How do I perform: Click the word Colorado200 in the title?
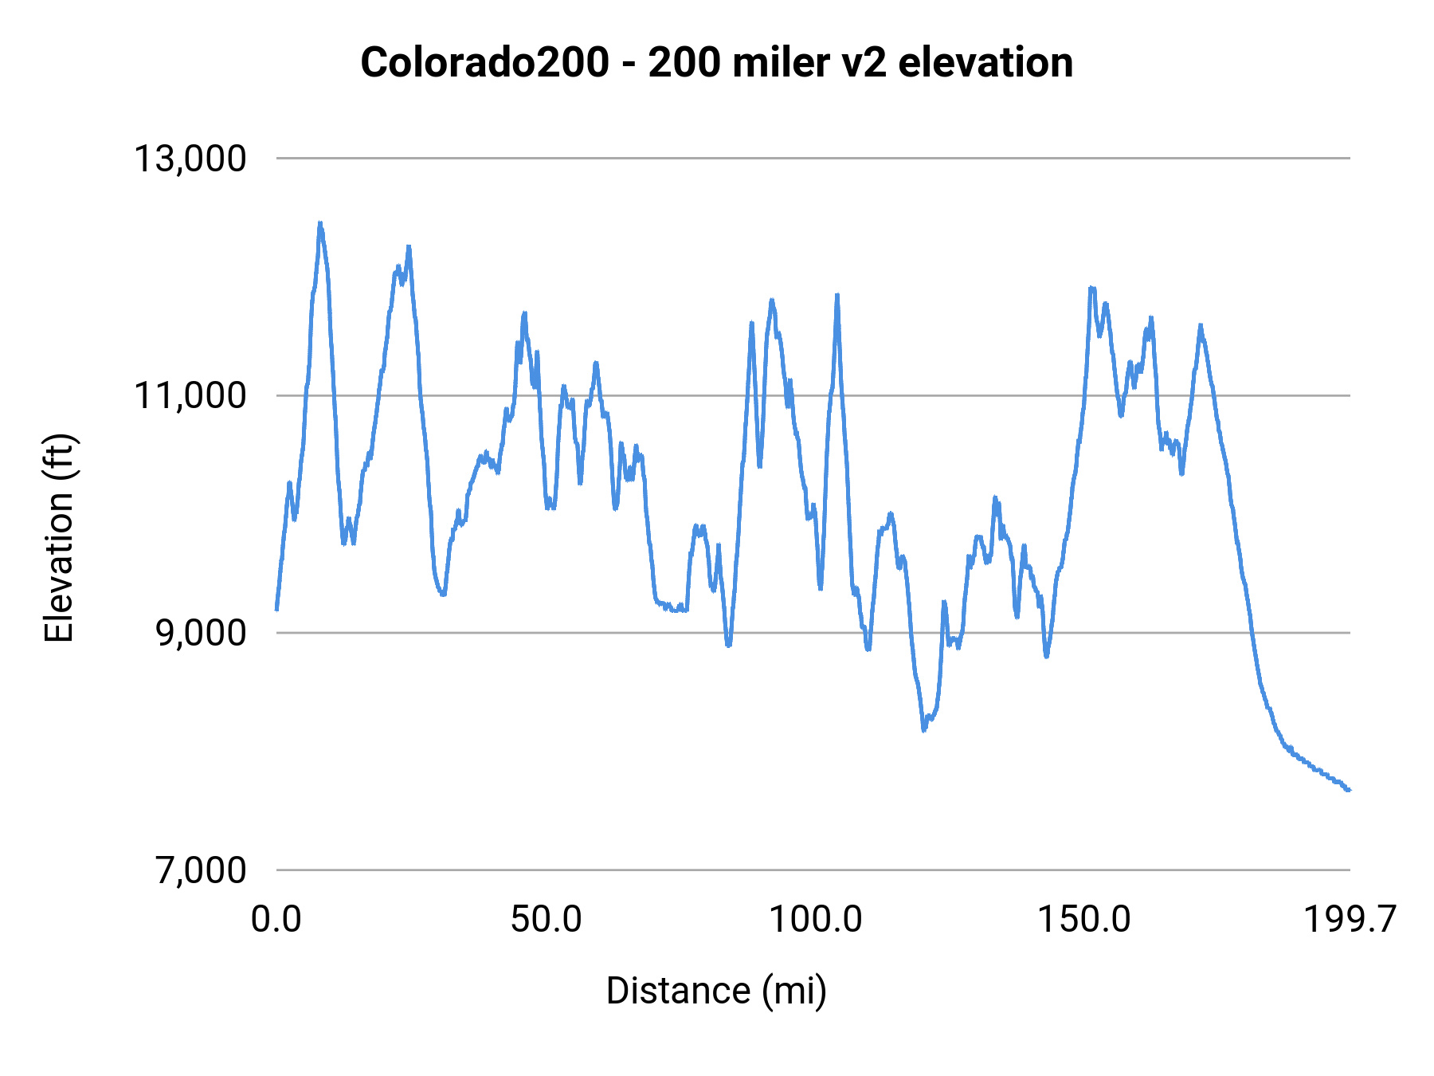tap(484, 62)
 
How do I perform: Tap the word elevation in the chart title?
tap(985, 62)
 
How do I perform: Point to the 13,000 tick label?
tap(190, 159)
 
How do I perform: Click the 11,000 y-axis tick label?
tap(190, 395)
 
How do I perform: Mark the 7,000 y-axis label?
tap(201, 870)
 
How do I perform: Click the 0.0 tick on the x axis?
tap(276, 919)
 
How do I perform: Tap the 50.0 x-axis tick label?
tap(546, 919)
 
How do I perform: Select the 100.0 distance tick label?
tap(815, 919)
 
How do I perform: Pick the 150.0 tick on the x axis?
tap(1083, 919)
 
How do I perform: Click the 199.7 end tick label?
tap(1350, 919)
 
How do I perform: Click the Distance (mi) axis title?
tap(716, 991)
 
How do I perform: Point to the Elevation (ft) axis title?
tap(59, 538)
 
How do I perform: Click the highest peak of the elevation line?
tap(319, 224)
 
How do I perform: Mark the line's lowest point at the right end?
tap(1349, 790)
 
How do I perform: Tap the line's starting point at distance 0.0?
tap(276, 610)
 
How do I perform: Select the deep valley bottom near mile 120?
tap(924, 729)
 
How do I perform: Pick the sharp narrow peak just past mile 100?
tap(837, 295)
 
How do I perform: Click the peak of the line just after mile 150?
tap(1091, 288)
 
